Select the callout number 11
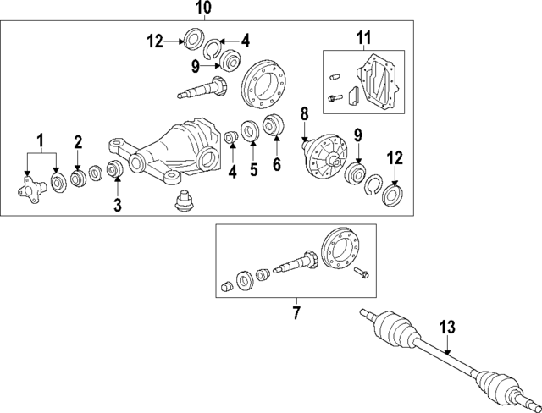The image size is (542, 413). [x=363, y=38]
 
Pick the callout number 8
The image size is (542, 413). [x=305, y=113]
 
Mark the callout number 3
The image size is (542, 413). [x=117, y=204]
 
